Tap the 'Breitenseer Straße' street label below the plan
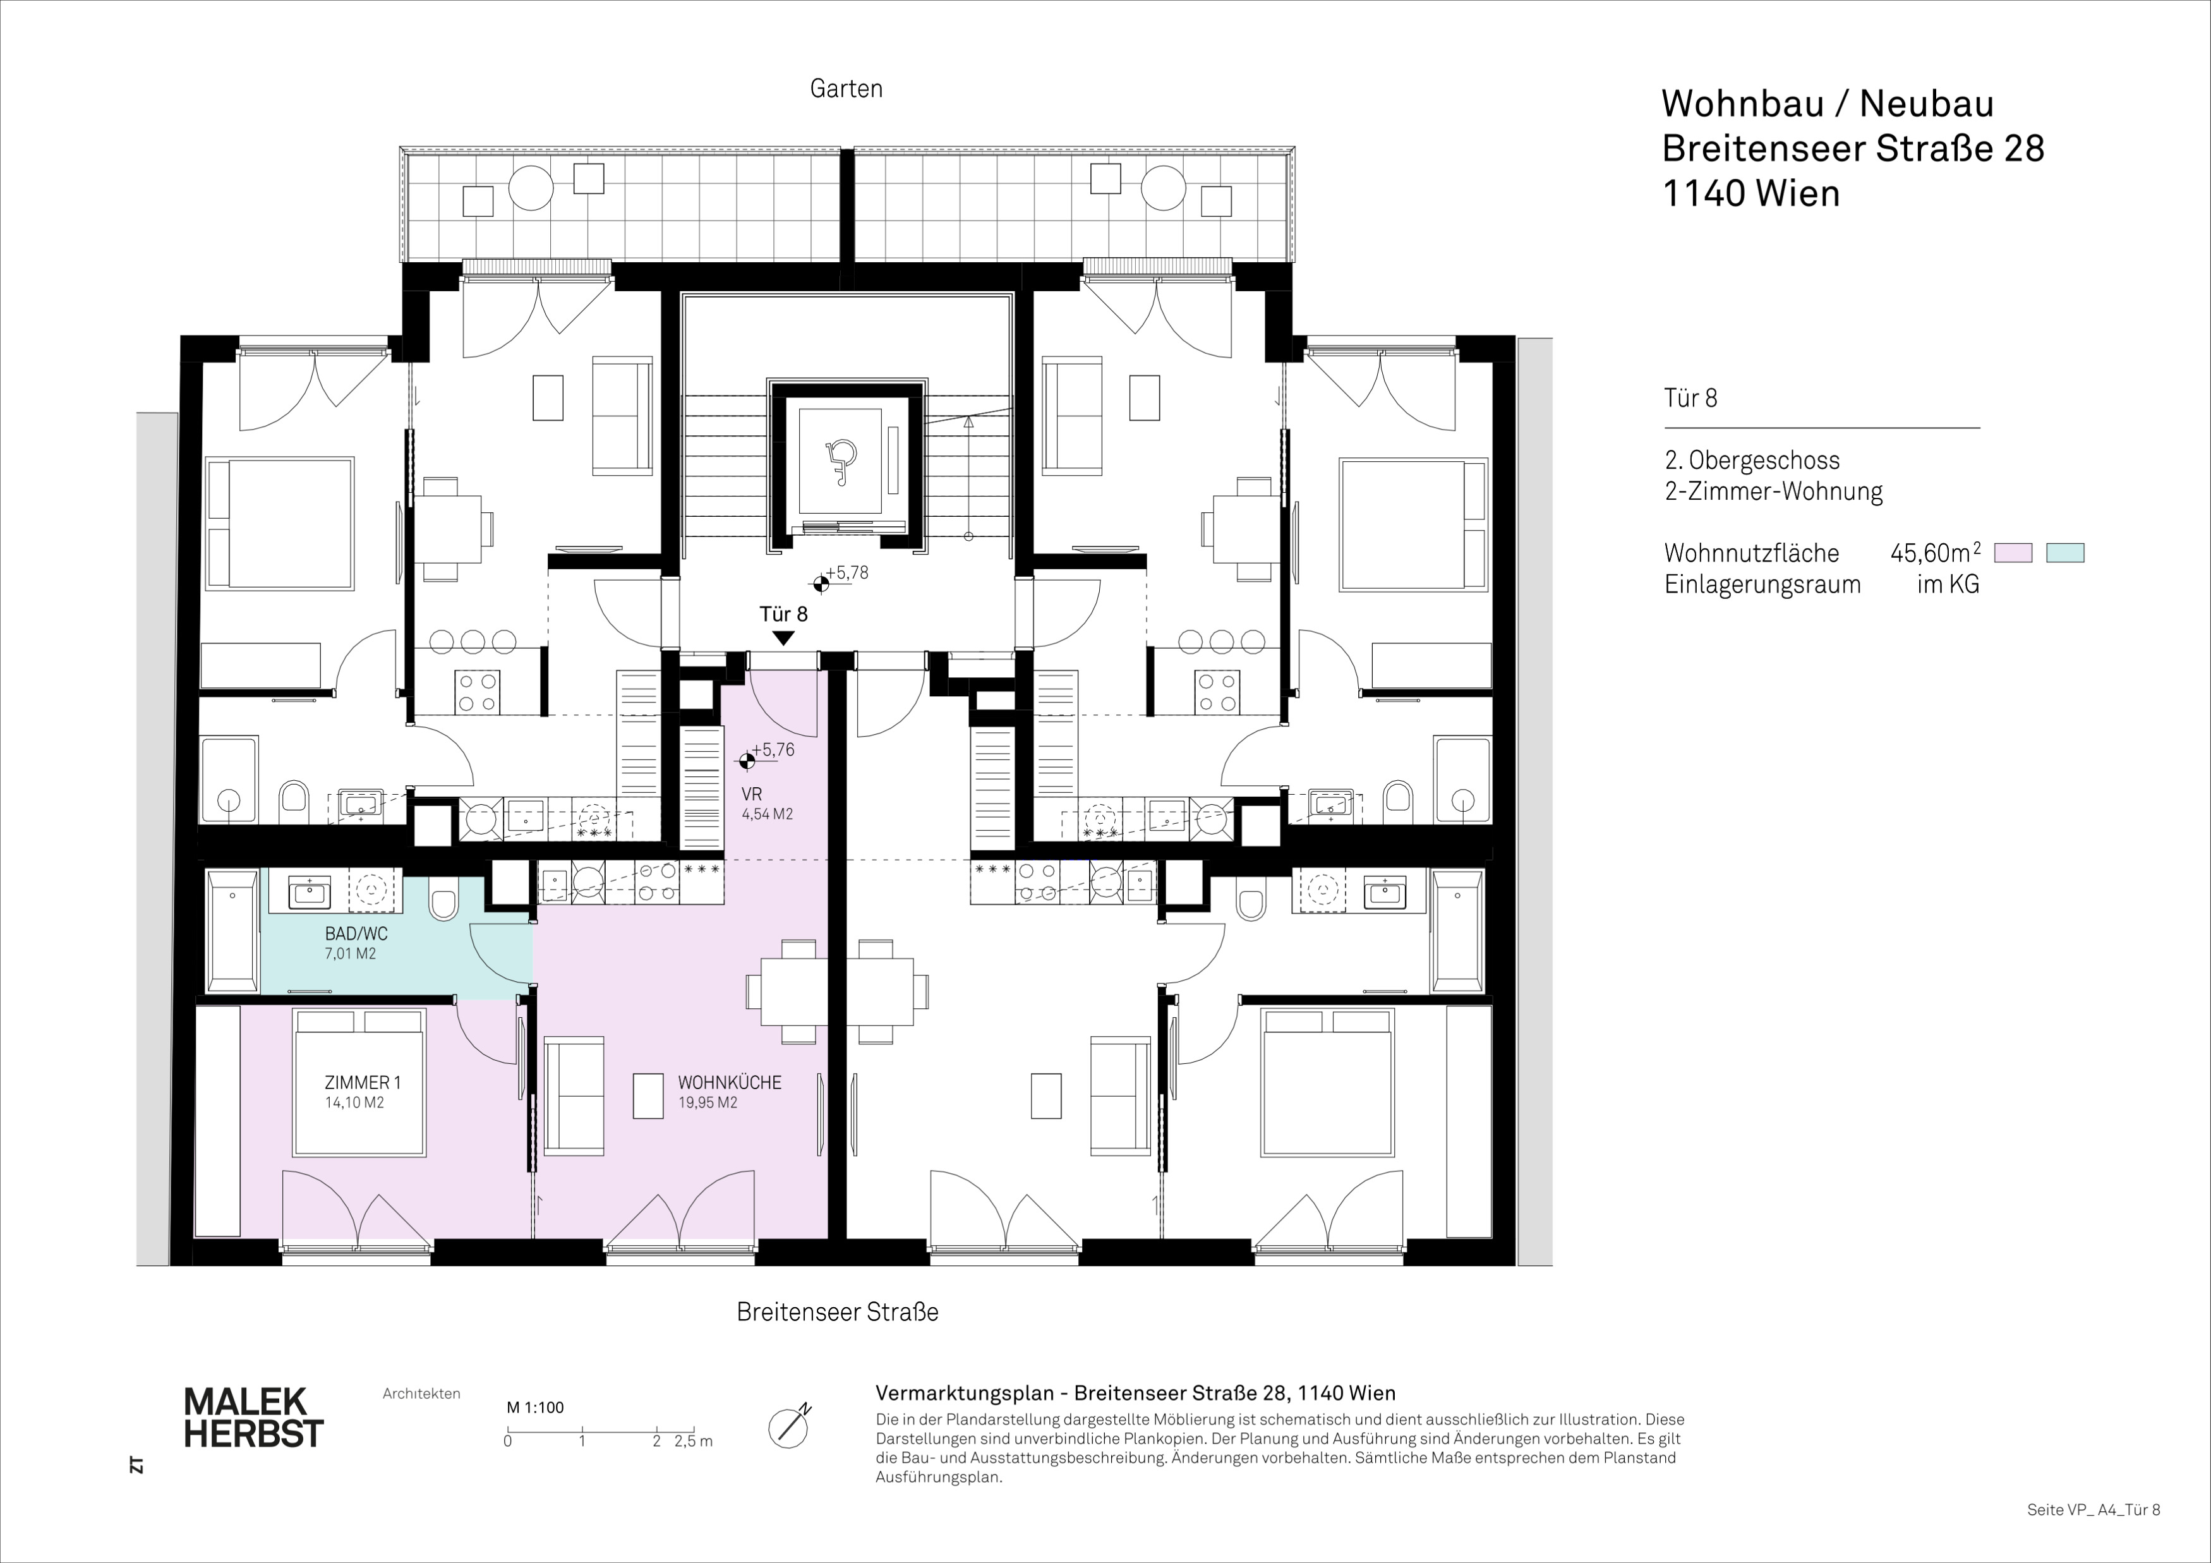pos(837,1312)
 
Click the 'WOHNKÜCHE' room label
pos(729,1082)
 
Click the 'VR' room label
pos(752,795)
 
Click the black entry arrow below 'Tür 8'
pos(783,637)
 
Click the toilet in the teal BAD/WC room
pos(443,902)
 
